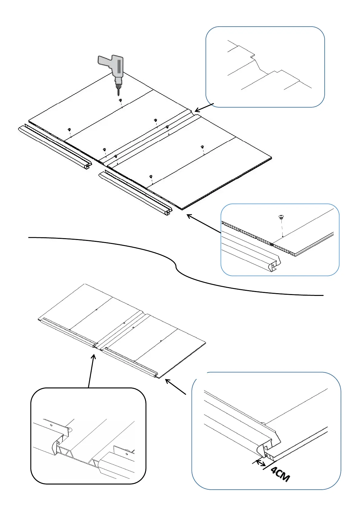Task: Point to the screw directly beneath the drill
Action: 120,100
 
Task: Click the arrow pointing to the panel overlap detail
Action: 204,108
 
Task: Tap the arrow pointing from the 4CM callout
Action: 175,387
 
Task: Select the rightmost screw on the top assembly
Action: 202,147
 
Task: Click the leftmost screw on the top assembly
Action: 69,129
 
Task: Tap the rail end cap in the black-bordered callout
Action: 56,447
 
